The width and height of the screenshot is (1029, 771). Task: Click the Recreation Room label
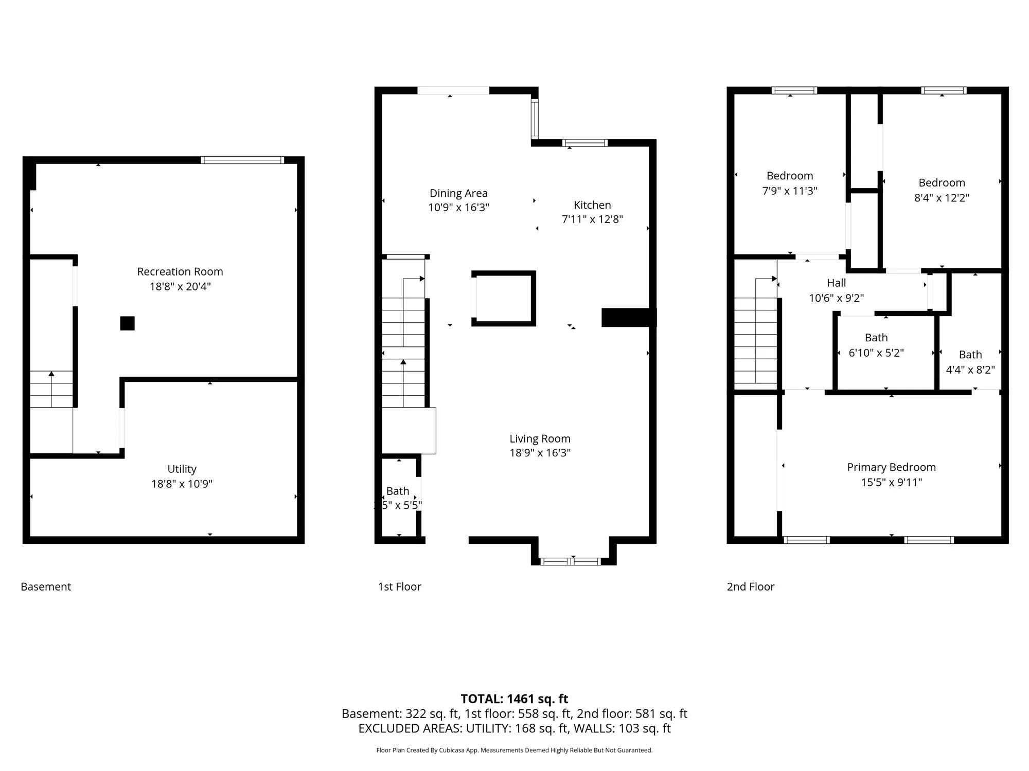point(180,271)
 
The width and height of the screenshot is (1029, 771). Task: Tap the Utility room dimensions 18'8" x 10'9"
point(182,484)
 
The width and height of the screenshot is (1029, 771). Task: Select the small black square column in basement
point(127,323)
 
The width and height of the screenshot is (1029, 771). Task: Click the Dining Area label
point(458,193)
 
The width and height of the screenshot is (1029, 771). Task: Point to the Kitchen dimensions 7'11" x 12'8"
point(592,219)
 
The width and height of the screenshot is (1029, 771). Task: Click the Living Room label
point(540,438)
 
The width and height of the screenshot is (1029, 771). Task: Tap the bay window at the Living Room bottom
point(571,561)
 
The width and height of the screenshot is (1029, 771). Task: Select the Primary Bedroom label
point(891,467)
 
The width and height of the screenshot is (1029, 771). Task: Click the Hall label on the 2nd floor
point(836,283)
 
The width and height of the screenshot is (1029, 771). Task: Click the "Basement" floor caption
point(46,586)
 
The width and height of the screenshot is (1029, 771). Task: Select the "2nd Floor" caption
point(750,586)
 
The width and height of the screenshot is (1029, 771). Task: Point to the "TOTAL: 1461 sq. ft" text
point(514,699)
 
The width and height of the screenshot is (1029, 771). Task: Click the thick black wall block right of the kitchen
point(628,317)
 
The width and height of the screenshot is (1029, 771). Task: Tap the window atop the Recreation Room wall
point(242,160)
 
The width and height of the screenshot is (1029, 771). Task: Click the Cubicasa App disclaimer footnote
point(514,750)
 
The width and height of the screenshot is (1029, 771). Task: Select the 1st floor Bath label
point(398,491)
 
